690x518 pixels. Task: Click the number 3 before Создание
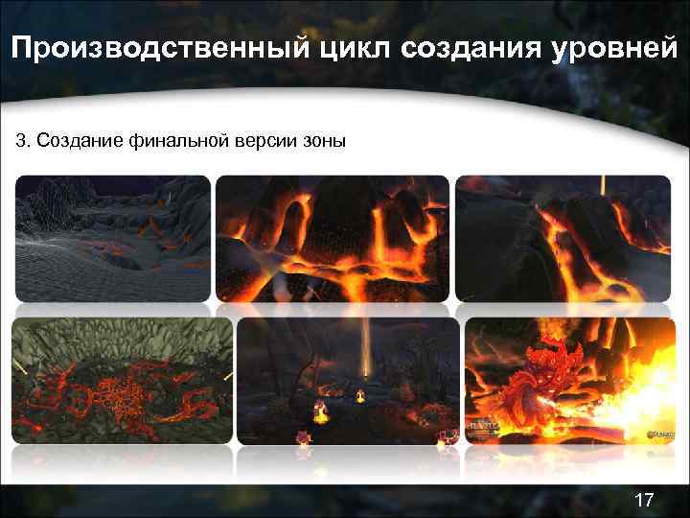coord(20,142)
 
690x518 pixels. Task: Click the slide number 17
coord(644,499)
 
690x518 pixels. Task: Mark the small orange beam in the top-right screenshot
coord(602,185)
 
